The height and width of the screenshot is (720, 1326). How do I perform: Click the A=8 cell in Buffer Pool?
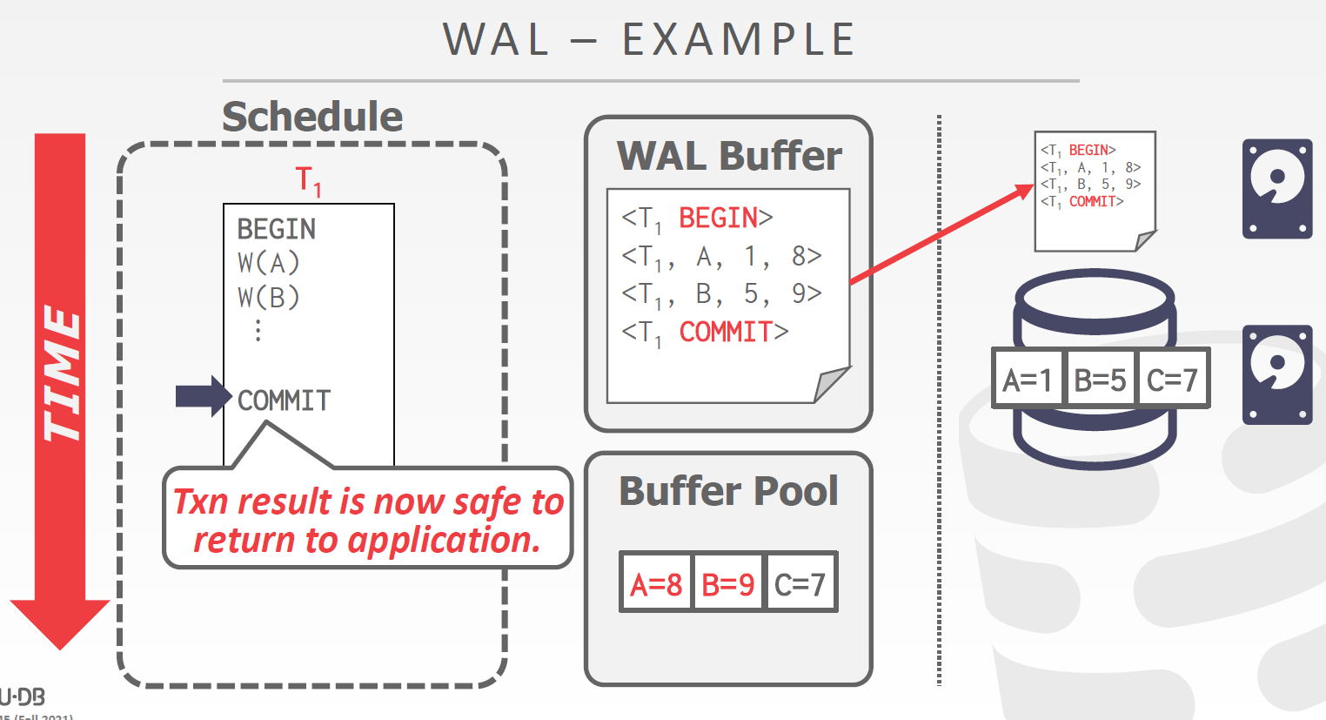(x=656, y=583)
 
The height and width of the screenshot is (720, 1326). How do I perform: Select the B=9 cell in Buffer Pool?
(x=728, y=583)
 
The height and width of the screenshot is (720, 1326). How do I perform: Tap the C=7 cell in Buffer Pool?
(x=800, y=583)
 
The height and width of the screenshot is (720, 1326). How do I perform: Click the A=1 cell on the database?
(x=1028, y=380)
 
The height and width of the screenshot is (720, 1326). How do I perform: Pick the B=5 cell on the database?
(x=1100, y=380)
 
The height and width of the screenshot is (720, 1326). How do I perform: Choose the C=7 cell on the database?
(x=1172, y=380)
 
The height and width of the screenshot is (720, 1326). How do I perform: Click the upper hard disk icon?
(x=1276, y=189)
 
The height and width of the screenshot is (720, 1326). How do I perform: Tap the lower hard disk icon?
(x=1276, y=375)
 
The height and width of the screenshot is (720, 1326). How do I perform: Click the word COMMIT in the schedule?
(x=285, y=400)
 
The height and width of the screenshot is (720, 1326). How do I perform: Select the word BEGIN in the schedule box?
(x=277, y=229)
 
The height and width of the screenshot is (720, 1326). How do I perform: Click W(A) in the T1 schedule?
(x=268, y=263)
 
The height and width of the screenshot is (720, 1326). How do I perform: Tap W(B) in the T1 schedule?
(x=268, y=298)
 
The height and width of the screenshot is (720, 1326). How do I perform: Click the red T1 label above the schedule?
(x=308, y=180)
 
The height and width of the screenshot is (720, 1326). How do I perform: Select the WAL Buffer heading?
(x=729, y=156)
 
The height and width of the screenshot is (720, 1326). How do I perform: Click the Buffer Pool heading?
(x=728, y=491)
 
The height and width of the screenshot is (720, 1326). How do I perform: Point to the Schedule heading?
(x=312, y=116)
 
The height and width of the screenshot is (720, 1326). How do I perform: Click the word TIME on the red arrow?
(x=61, y=374)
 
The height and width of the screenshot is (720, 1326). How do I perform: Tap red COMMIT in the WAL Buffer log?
(x=726, y=332)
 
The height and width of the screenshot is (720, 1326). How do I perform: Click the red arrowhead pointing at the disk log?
(x=1021, y=192)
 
